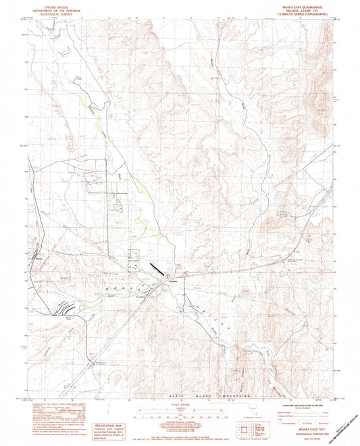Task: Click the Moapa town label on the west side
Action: point(38,257)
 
